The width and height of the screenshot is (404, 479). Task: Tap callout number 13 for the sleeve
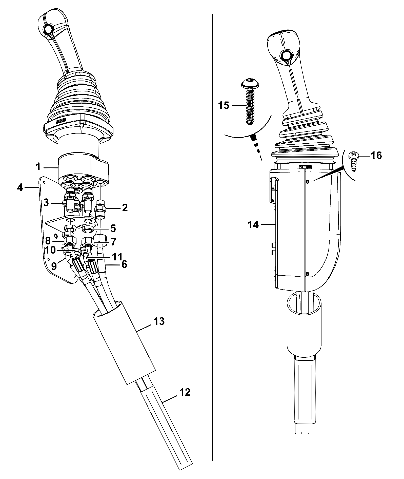pos(159,321)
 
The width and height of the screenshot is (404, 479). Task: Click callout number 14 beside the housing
pos(253,224)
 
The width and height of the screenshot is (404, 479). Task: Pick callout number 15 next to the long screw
pos(224,105)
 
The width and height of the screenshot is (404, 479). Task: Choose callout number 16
pos(376,155)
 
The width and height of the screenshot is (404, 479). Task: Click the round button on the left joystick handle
pos(48,29)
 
